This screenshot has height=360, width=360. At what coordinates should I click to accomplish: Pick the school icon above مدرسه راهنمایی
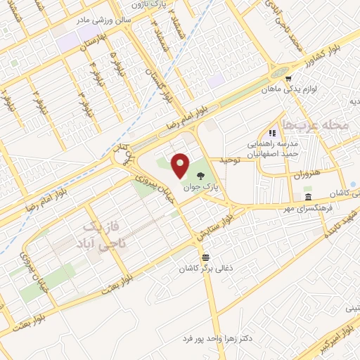pyautogui.click(x=271, y=132)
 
